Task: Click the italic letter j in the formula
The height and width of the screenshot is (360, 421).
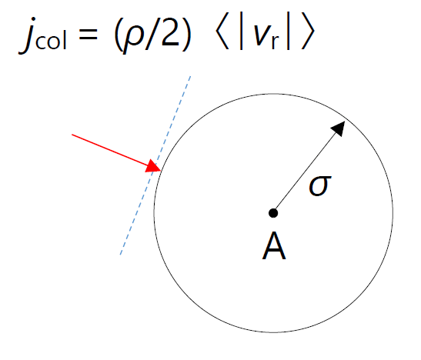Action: point(28,35)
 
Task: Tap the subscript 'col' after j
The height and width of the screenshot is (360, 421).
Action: point(51,41)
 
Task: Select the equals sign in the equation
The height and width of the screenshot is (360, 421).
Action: point(88,35)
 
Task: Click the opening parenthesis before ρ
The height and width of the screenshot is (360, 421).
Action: point(118,34)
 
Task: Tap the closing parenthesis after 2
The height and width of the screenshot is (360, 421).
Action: point(185,34)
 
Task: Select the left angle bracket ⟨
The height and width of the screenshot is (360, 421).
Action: point(222,31)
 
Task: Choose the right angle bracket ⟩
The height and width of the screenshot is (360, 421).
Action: point(308,31)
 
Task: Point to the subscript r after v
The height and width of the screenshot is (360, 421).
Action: point(276,42)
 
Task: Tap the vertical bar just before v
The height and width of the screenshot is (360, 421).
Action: point(241,31)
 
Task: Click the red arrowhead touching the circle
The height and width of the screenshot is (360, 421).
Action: point(154,166)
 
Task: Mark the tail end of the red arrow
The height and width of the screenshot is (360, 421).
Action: point(72,135)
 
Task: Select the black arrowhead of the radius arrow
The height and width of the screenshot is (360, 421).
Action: point(339,128)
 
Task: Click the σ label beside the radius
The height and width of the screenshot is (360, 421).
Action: point(320,185)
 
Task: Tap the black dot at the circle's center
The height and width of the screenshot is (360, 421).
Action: point(273,213)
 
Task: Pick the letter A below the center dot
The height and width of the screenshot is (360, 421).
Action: point(274,246)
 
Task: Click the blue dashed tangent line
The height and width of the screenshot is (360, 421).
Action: point(155,165)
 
